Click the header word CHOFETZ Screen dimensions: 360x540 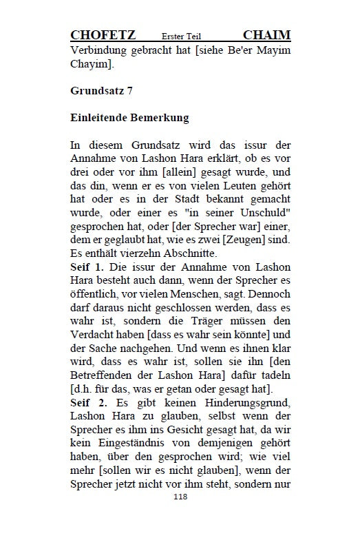click(103, 35)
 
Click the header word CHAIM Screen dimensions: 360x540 click(266, 35)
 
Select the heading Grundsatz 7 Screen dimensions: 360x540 click(101, 90)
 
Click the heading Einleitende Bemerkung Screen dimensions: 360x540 click(129, 117)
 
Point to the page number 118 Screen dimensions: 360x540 click(180, 515)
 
